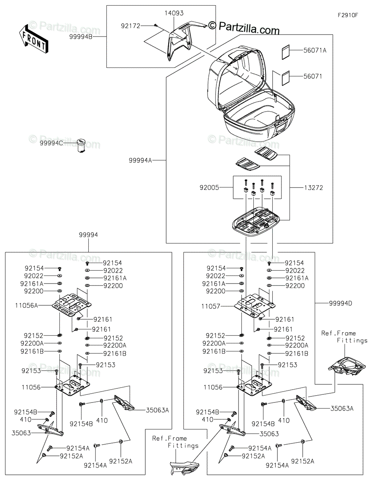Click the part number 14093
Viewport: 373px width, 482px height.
(x=173, y=13)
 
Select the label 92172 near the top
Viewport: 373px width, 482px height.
(x=130, y=26)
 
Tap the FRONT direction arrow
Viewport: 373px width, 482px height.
(x=33, y=39)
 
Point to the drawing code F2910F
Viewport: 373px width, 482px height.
(x=348, y=15)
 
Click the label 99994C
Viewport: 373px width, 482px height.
(x=51, y=143)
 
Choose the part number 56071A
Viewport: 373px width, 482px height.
(x=315, y=50)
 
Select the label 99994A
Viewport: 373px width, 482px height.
(x=140, y=161)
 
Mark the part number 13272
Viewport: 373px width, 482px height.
(x=314, y=188)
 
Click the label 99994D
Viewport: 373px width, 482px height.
(x=340, y=303)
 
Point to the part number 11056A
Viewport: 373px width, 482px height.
(x=26, y=305)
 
